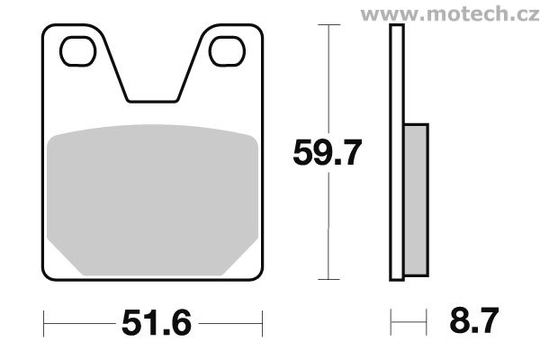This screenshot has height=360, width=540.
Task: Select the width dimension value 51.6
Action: click(153, 319)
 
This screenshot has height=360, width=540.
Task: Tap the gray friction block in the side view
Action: click(415, 200)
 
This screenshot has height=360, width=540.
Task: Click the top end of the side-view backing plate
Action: click(394, 28)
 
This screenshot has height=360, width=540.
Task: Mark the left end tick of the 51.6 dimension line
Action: click(43, 319)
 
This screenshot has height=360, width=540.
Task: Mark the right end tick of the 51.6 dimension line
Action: click(262, 319)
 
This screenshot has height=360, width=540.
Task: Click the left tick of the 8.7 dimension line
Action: click(391, 319)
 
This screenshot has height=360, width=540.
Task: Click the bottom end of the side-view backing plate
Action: click(394, 278)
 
